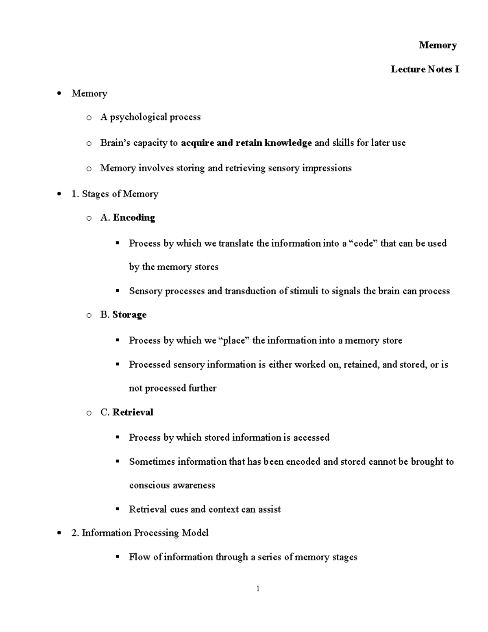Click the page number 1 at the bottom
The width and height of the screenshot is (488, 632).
pyautogui.click(x=258, y=589)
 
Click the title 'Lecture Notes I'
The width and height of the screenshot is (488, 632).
pyautogui.click(x=425, y=69)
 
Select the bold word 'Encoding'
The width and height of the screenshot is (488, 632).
pyautogui.click(x=134, y=218)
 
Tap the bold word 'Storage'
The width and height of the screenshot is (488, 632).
pyautogui.click(x=129, y=315)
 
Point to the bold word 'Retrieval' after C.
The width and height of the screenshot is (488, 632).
pyautogui.click(x=133, y=412)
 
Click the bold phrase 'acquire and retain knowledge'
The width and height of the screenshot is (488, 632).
pyautogui.click(x=246, y=143)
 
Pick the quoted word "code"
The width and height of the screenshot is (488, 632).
pyautogui.click(x=364, y=243)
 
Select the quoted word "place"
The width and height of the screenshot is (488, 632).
pyautogui.click(x=234, y=340)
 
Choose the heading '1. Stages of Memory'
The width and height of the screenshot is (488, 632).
pyautogui.click(x=115, y=194)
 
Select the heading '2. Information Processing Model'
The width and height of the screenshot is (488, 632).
pyautogui.click(x=140, y=533)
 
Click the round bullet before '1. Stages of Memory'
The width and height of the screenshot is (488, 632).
pyautogui.click(x=60, y=194)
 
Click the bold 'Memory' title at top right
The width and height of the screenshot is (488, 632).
pyautogui.click(x=438, y=45)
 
